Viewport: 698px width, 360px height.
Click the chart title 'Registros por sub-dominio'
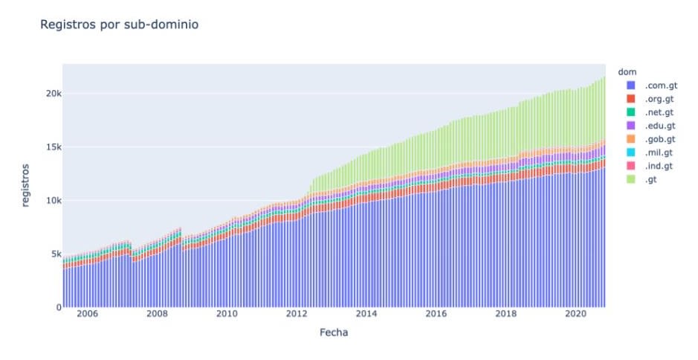118,25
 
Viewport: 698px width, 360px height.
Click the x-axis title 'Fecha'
334,332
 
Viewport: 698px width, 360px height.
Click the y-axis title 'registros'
26,185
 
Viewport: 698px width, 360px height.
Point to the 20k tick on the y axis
48,94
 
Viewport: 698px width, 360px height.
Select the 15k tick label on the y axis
48,147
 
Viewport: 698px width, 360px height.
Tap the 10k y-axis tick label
48,201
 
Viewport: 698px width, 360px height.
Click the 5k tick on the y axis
51,254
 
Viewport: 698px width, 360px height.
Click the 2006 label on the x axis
87,315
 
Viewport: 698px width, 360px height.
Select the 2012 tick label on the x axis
297,315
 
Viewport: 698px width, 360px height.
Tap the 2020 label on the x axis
576,315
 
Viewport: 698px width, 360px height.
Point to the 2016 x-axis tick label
436,315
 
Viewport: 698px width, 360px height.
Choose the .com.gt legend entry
660,86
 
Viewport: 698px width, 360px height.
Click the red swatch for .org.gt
631,99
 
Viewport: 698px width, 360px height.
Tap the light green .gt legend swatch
631,179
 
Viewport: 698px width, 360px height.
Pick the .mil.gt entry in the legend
659,152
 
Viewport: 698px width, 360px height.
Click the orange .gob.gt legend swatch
631,138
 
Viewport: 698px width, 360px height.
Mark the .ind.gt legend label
659,165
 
